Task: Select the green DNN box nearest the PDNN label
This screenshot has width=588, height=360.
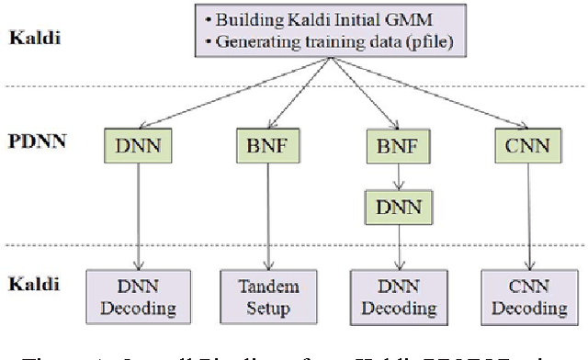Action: [138, 144]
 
